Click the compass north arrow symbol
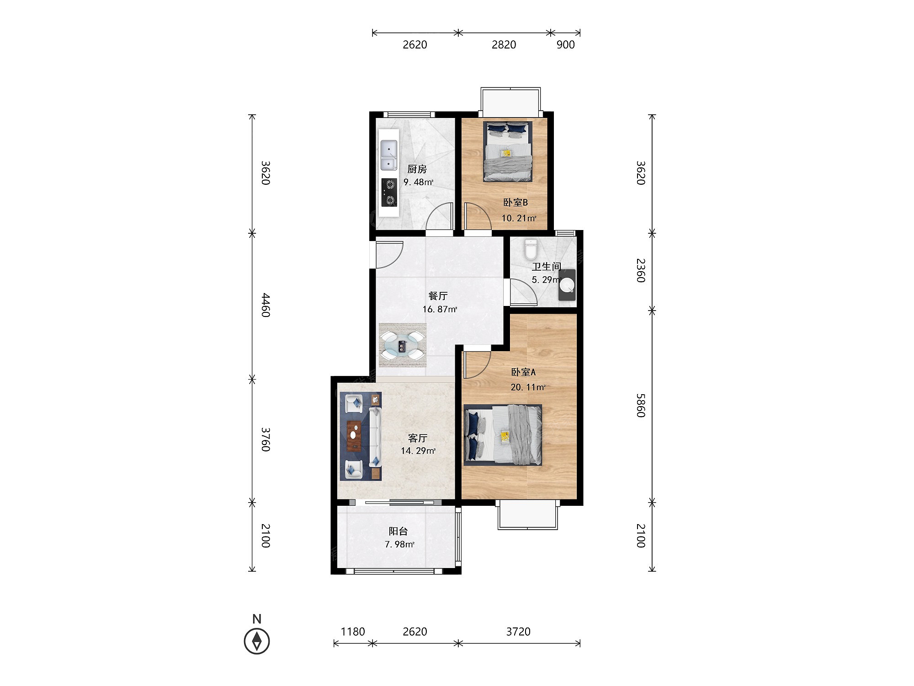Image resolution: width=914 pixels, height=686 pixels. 257,641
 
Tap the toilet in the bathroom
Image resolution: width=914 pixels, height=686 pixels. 531,249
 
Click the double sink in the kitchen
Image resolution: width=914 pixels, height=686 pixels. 389,155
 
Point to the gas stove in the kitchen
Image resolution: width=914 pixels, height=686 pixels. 389,192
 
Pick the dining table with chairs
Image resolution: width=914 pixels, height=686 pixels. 403,345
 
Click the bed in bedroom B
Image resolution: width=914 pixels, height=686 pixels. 508,151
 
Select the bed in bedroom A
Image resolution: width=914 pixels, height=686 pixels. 503,434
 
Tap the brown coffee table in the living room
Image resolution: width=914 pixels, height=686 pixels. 354,436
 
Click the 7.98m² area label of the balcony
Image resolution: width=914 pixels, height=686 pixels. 400,544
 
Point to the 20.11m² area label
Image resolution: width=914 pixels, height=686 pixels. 528,387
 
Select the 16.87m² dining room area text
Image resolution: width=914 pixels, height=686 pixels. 440,309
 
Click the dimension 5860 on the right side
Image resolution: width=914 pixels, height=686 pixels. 641,405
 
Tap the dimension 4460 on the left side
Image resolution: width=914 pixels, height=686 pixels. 266,305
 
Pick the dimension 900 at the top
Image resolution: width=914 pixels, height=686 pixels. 565,44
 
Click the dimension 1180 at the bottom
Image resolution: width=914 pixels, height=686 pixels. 353,632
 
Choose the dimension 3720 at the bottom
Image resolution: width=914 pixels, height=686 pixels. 518,632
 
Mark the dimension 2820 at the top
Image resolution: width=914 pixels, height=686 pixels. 504,44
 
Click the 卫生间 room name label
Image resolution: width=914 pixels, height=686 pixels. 547,267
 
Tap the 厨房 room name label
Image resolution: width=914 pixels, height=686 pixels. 417,169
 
